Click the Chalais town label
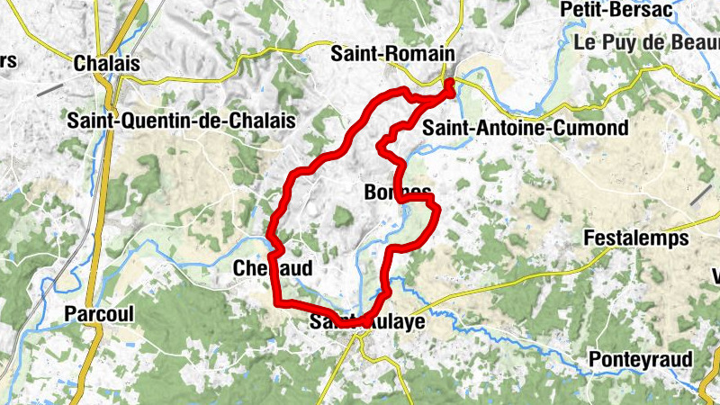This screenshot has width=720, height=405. click(107, 64)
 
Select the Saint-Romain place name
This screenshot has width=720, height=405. click(391, 54)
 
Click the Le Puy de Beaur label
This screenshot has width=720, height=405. click(645, 42)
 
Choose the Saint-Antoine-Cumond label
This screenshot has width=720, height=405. click(525, 128)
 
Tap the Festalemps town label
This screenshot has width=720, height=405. click(636, 238)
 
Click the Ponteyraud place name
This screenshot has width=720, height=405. click(640, 360)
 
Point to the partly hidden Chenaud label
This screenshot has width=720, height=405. click(272, 268)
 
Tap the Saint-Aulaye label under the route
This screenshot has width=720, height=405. click(366, 320)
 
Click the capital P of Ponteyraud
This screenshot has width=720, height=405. click(594, 360)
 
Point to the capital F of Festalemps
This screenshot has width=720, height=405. click(589, 238)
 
